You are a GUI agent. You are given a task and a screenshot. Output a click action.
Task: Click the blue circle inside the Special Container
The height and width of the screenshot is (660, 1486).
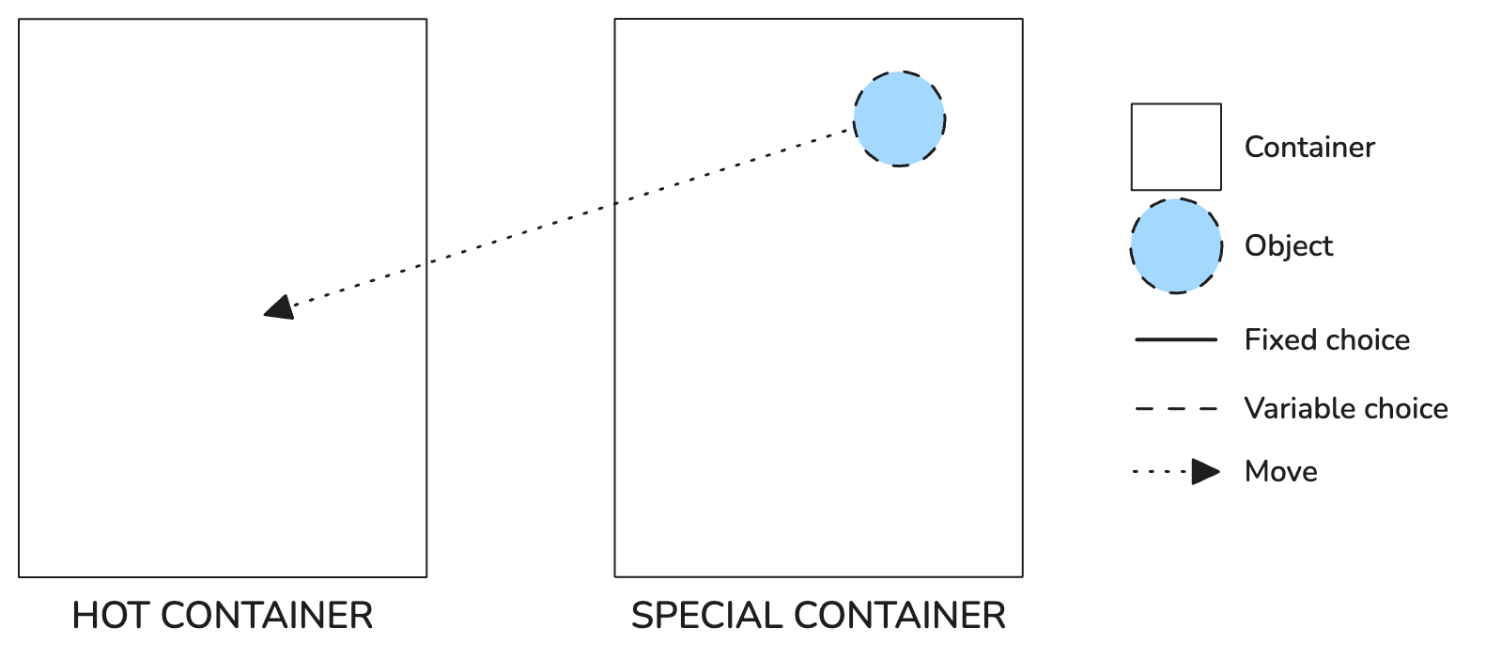(x=899, y=118)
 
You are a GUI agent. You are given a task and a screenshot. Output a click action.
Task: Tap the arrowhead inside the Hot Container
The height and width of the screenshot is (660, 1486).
(x=280, y=307)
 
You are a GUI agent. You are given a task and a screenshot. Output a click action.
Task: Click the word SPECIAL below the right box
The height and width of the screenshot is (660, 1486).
(x=707, y=616)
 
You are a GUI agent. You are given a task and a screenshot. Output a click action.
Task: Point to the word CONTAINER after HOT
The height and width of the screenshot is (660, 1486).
(x=267, y=616)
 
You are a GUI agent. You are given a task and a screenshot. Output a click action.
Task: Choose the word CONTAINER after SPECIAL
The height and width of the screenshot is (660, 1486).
(x=900, y=616)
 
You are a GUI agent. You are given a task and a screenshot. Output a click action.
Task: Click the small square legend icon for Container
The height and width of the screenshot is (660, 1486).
(x=1176, y=147)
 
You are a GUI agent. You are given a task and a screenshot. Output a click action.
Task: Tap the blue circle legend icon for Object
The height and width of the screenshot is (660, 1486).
(x=1176, y=245)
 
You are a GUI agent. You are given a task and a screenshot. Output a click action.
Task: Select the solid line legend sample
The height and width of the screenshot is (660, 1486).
(x=1176, y=340)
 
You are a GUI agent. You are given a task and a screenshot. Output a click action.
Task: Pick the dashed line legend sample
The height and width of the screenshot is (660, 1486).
(x=1176, y=409)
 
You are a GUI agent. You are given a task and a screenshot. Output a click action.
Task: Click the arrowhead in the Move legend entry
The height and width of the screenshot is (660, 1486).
(x=1205, y=472)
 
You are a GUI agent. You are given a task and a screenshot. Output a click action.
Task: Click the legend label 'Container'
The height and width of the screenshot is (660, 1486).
(x=1309, y=148)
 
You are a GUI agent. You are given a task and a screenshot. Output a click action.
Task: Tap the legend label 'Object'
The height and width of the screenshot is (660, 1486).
(x=1289, y=246)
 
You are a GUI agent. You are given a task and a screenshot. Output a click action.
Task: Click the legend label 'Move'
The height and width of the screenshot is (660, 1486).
(x=1281, y=471)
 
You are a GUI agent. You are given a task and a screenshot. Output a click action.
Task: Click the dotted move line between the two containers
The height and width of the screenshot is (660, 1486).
(x=572, y=217)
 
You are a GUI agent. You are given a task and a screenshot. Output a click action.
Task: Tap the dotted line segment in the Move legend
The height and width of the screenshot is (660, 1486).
(x=1161, y=472)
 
